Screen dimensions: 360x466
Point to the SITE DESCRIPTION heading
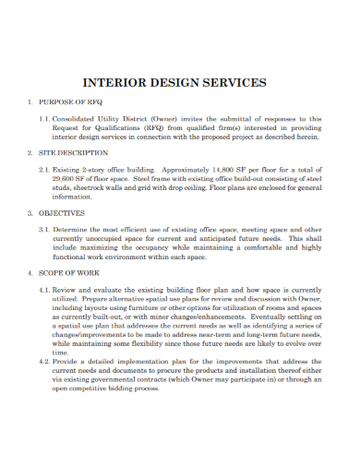(71, 152)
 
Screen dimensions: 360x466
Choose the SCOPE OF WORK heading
(68, 273)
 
